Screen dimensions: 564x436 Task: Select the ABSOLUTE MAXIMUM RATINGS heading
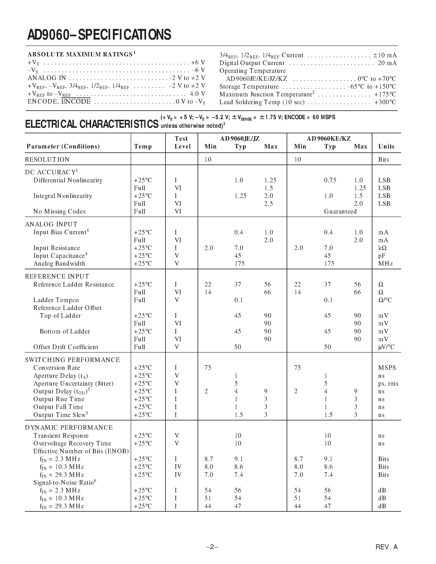(x=80, y=55)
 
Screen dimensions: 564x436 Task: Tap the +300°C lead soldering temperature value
(x=385, y=102)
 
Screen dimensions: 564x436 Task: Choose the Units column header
(x=386, y=146)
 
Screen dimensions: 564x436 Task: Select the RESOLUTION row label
(x=47, y=159)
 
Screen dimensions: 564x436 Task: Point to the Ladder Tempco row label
(x=56, y=300)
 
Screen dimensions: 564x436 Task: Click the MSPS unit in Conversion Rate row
(x=387, y=368)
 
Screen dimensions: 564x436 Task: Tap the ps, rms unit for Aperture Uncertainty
(x=388, y=384)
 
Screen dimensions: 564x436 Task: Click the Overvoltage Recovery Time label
(x=72, y=443)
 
